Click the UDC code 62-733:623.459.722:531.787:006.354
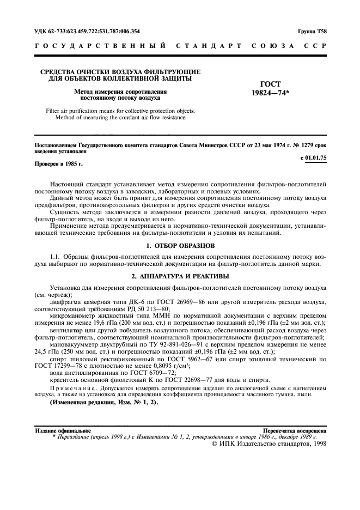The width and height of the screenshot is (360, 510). (x=87, y=31)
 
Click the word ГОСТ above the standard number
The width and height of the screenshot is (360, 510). (x=270, y=84)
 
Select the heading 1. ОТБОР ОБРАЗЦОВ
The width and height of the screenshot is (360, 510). (x=180, y=246)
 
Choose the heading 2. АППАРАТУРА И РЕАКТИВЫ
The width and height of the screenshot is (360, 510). (x=180, y=276)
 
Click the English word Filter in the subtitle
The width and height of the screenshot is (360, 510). (x=55, y=111)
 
